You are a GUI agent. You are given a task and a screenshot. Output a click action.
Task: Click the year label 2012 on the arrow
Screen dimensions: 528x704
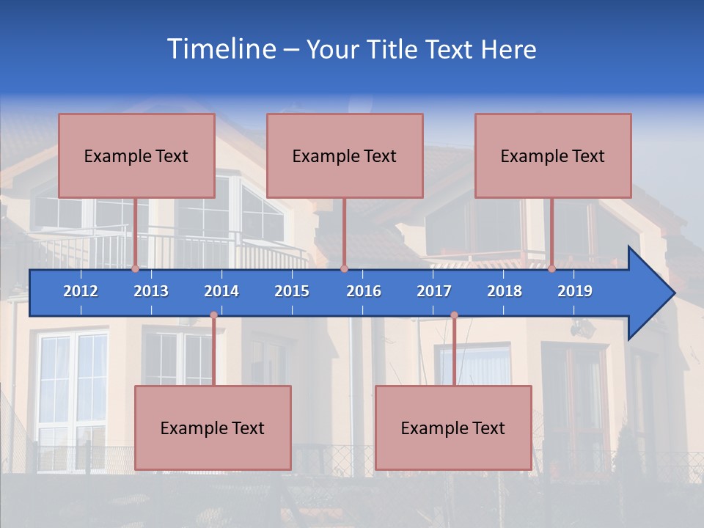coord(81,291)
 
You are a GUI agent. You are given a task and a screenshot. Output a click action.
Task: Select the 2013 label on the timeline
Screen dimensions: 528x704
coord(151,291)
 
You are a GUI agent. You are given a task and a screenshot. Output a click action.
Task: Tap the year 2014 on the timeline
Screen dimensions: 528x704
coord(221,291)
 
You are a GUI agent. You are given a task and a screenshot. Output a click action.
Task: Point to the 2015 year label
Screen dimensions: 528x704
coord(292,291)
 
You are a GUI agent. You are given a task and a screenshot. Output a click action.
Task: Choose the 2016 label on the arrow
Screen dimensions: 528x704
coord(364,291)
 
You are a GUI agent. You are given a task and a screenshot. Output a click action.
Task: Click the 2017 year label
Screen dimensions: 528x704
coord(434,291)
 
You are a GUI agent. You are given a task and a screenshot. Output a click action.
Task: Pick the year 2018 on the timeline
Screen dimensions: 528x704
coord(505,291)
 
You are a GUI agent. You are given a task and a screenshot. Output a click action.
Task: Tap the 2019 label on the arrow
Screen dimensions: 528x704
coord(575,291)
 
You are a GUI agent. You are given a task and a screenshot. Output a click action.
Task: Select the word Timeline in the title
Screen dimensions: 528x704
coord(220,49)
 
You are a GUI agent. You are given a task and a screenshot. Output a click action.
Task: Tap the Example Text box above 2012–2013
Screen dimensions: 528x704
coord(136,155)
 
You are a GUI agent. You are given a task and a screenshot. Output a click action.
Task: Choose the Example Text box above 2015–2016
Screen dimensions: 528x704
coord(345,155)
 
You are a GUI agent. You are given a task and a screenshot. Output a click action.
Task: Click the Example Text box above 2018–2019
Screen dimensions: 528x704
coord(553,155)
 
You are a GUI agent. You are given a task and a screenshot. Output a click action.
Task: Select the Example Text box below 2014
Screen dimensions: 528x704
coord(213,428)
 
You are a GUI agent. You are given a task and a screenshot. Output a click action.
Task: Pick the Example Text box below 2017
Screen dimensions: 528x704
coord(453,428)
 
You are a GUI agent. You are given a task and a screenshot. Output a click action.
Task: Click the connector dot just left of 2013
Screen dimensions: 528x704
coord(136,269)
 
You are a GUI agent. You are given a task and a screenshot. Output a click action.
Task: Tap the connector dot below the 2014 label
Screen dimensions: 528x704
coord(213,315)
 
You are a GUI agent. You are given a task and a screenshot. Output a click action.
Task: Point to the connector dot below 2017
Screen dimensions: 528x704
coord(454,315)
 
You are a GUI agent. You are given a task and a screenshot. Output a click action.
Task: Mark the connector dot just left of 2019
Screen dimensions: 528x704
coord(552,269)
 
